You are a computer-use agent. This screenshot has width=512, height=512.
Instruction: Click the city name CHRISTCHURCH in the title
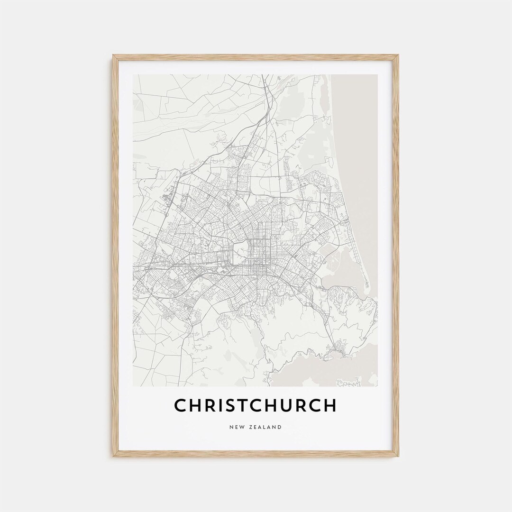255,405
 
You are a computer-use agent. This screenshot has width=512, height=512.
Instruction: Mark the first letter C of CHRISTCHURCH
181,405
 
